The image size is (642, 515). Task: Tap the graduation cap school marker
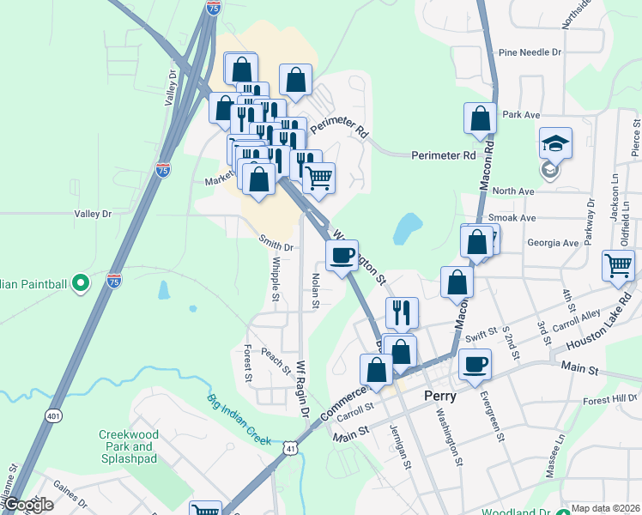(555, 143)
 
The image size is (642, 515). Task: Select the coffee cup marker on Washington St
(342, 255)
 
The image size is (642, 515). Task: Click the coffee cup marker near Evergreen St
(475, 365)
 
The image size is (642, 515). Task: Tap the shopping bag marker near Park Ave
(480, 119)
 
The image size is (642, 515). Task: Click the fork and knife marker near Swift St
(401, 313)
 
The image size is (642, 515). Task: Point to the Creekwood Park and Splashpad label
(131, 441)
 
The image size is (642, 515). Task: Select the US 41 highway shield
(292, 448)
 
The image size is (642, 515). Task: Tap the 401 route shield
(54, 415)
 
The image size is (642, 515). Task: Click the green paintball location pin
(80, 281)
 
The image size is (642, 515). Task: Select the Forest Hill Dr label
(610, 397)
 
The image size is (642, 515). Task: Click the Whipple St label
(276, 281)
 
